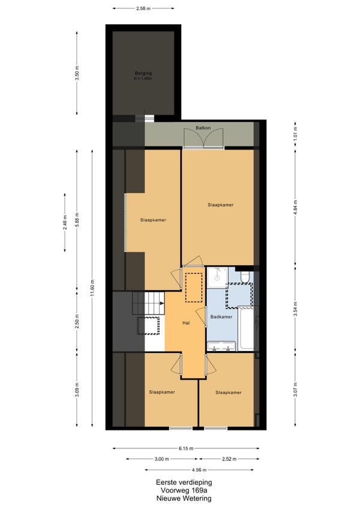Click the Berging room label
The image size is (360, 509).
(143, 73)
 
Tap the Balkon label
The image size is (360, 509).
(203, 128)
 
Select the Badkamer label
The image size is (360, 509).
(221, 317)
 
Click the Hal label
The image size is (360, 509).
(186, 323)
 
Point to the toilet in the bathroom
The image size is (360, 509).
(245, 277)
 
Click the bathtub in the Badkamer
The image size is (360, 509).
(246, 328)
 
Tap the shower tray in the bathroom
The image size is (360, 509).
(217, 277)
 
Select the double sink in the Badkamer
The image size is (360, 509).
(221, 346)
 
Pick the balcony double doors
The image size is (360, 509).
(203, 138)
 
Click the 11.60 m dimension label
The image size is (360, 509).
(92, 288)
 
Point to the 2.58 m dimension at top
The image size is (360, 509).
(143, 8)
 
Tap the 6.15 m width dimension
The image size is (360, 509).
(186, 448)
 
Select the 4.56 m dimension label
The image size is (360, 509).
(199, 470)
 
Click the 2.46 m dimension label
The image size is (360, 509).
(65, 223)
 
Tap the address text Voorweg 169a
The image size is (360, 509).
(184, 490)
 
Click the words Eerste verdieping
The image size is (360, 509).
(184, 483)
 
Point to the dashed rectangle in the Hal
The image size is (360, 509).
(194, 288)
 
